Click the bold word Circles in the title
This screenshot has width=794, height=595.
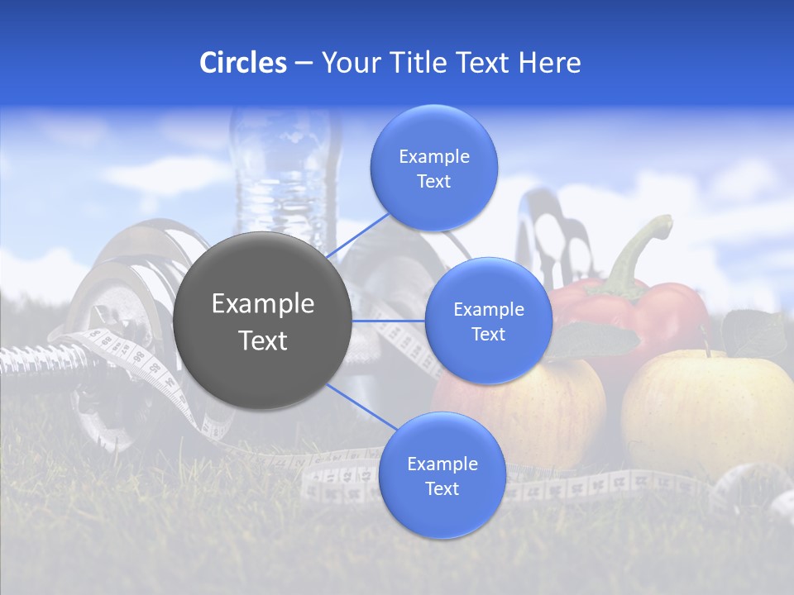click(242, 63)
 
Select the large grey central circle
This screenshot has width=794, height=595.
click(263, 321)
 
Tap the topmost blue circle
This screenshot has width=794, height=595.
click(433, 169)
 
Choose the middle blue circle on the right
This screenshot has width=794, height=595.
click(488, 321)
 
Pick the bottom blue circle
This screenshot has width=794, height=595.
click(442, 476)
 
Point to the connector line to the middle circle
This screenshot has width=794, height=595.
click(389, 321)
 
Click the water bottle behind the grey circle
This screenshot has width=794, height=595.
click(285, 174)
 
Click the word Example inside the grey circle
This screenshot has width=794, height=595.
click(263, 304)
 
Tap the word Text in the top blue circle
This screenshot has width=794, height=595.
click(433, 182)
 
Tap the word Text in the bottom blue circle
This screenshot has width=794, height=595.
click(442, 488)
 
